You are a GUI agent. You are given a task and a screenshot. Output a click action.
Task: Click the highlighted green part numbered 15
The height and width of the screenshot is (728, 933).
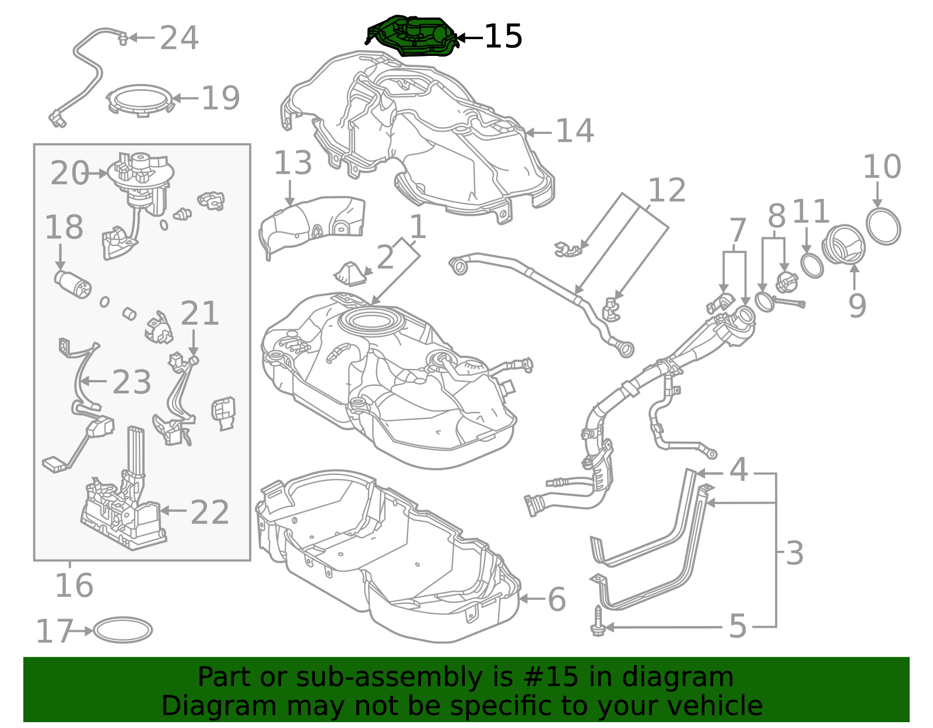point(411,37)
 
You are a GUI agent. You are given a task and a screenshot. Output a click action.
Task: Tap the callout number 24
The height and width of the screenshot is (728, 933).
point(179,38)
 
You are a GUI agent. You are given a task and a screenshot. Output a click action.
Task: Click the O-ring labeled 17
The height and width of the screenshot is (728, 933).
point(123,630)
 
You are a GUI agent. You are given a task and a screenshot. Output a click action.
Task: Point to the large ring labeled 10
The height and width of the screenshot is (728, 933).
point(883,227)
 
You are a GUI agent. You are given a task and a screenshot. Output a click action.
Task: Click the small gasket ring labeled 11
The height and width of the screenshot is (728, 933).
point(812,265)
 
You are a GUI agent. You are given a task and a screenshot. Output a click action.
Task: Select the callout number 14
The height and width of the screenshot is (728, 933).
point(574,131)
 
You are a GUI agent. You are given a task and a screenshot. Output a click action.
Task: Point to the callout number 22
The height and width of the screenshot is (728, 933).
point(209,513)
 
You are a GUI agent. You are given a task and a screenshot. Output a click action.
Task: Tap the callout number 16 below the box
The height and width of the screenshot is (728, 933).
point(74,585)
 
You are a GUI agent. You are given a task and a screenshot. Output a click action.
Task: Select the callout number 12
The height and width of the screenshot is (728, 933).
point(667,191)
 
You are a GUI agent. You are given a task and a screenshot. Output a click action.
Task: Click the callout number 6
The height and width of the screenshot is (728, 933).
point(556,600)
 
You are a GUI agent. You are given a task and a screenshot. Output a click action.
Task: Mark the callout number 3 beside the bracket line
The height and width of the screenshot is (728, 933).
point(794,553)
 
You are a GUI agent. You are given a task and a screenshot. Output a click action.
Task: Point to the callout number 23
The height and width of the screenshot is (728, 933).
point(132,382)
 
